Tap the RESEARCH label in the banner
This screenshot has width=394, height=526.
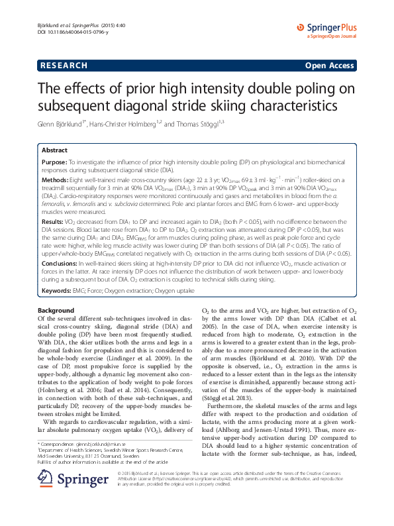tap(64, 66)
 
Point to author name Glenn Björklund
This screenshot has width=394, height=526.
tap(65, 124)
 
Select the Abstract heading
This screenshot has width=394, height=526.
tap(54, 151)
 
